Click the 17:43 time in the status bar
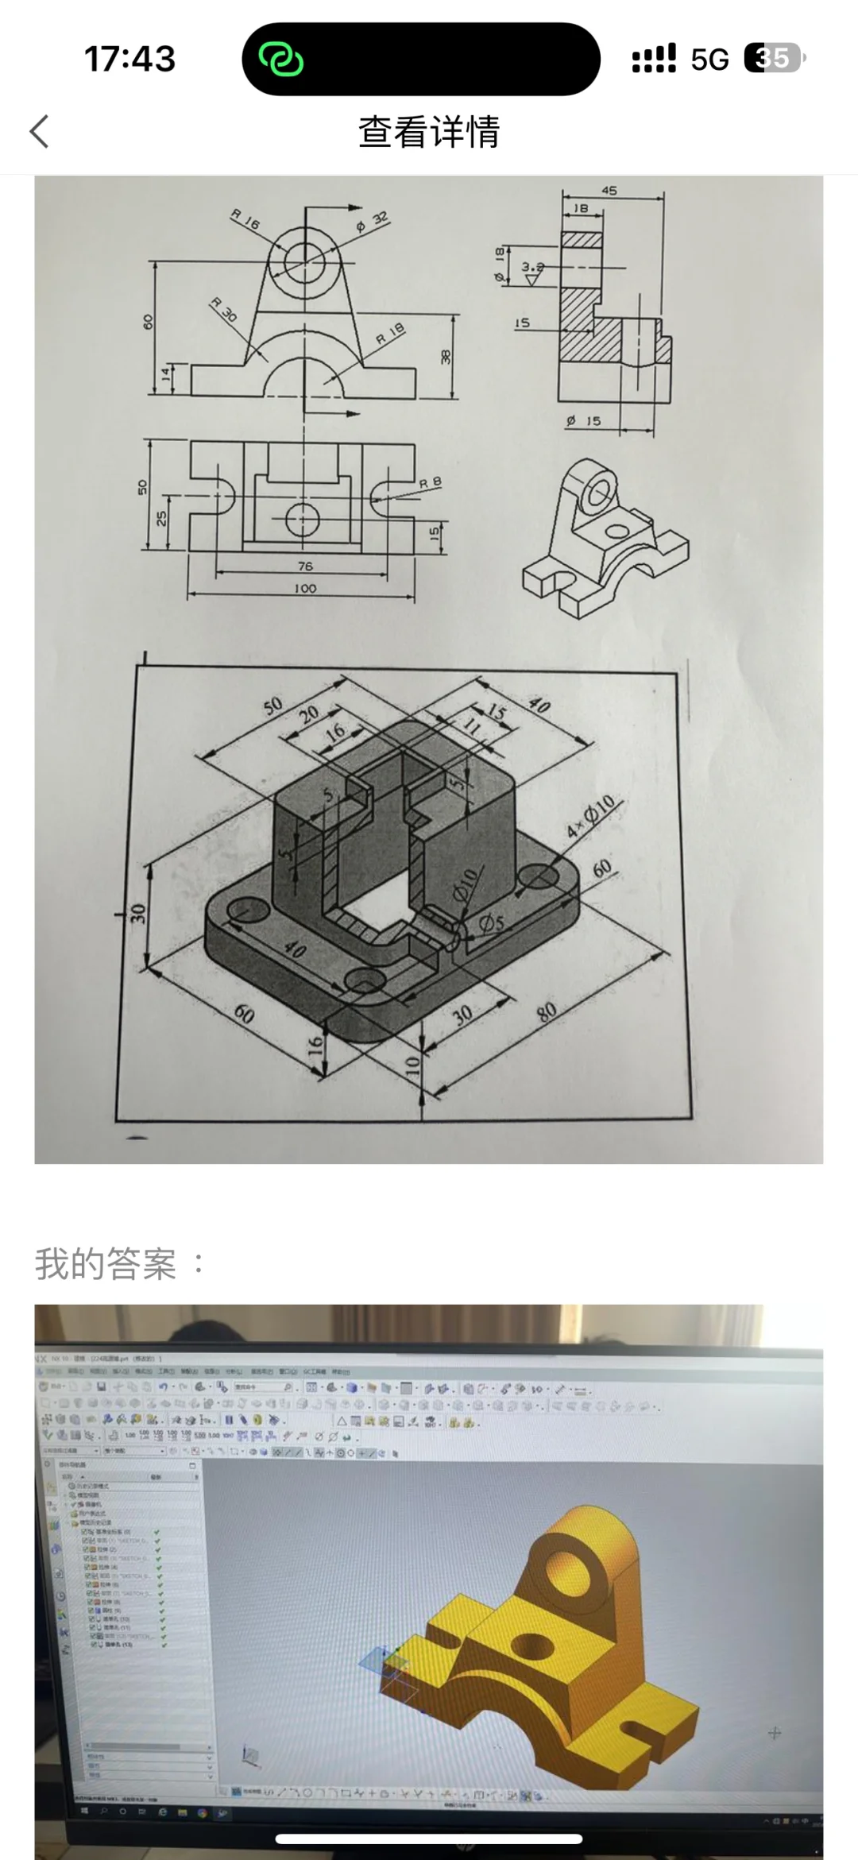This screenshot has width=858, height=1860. pos(129,59)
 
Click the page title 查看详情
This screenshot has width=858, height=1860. pos(429,132)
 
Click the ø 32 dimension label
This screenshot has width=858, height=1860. pos(373,222)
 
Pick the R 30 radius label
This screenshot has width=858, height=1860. pos(224,309)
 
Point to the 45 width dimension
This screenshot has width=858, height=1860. pos(609,191)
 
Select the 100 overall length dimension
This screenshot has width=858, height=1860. pos(305,589)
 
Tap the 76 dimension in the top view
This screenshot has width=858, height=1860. pos(305,567)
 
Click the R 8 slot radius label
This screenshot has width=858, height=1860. pos(430,482)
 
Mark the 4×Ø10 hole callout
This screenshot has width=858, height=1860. pos(591,817)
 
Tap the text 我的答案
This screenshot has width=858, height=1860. pos(106,1263)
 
